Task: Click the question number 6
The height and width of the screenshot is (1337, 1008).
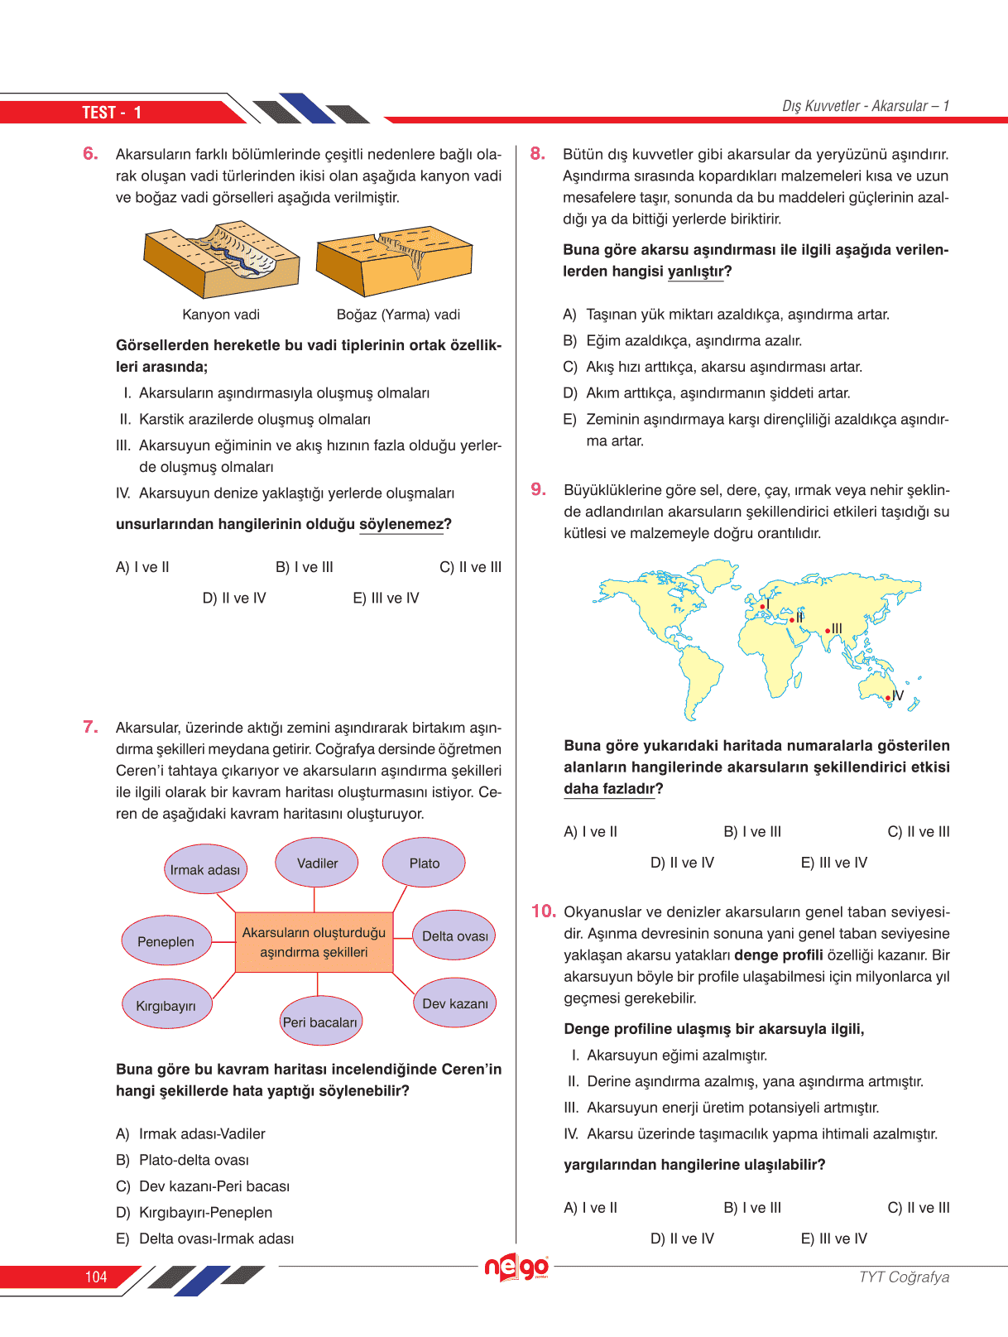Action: [x=90, y=153]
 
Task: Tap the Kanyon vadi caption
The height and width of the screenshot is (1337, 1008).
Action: [x=221, y=315]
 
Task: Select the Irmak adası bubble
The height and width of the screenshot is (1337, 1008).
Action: [x=205, y=869]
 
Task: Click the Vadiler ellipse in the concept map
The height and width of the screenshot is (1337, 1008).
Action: [x=317, y=863]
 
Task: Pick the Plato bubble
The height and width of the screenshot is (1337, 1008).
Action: [x=424, y=863]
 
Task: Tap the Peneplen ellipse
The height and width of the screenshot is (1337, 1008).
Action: [x=166, y=941]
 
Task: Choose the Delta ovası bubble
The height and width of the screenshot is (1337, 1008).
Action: [x=454, y=935]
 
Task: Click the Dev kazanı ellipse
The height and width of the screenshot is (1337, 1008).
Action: [x=454, y=1003]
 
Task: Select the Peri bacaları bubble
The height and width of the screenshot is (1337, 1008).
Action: [x=319, y=1022]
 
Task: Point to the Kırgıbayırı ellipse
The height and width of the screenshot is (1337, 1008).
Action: [x=166, y=1005]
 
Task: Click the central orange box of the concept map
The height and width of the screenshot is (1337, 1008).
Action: [x=314, y=942]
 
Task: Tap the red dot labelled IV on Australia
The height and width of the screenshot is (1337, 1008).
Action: [x=889, y=698]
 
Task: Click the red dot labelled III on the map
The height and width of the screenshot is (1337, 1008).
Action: [x=828, y=631]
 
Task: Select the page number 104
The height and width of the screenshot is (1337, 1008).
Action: [x=96, y=1277]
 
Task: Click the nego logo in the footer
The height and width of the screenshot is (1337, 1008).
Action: [x=516, y=1267]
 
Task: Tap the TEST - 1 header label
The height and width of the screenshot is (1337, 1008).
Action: [x=112, y=113]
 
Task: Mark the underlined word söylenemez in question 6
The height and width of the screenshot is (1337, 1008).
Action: [x=401, y=524]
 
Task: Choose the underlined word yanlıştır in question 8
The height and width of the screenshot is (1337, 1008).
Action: [x=695, y=272]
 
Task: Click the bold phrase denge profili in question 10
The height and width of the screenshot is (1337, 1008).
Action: [x=779, y=955]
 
